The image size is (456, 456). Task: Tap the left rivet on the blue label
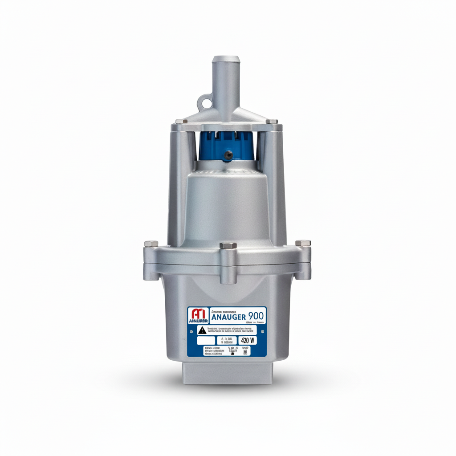coord(192,331)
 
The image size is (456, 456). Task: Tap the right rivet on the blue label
coord(262,331)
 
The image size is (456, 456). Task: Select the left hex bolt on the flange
coord(151,244)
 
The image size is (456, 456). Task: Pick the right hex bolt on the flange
coord(303,244)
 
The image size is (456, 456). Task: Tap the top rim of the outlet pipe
coord(226,58)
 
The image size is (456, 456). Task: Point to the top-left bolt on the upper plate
coord(179,121)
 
